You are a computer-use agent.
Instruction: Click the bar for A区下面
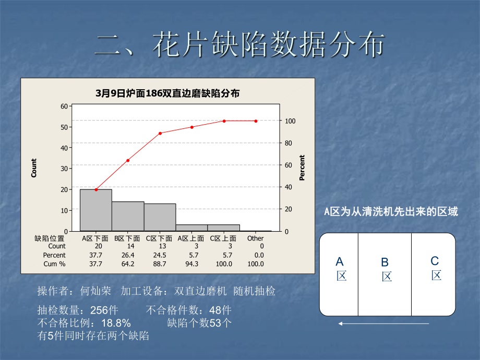click(95, 210)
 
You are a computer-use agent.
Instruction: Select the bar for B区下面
click(128, 216)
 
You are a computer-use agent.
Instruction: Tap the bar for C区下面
click(160, 217)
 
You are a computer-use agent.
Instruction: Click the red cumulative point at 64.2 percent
click(128, 160)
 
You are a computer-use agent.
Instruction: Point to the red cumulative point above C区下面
click(160, 133)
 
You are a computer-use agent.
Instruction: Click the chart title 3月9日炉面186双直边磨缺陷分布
click(167, 93)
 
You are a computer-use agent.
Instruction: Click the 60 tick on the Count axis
click(65, 106)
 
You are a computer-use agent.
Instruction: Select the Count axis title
click(34, 168)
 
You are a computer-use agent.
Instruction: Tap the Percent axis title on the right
click(302, 168)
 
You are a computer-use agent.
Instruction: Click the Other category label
click(256, 238)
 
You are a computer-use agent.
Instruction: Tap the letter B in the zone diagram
click(385, 262)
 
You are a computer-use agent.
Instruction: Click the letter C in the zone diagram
click(435, 261)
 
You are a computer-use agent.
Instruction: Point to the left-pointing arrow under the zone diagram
click(383, 323)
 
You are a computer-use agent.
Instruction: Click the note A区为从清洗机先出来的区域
click(391, 212)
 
